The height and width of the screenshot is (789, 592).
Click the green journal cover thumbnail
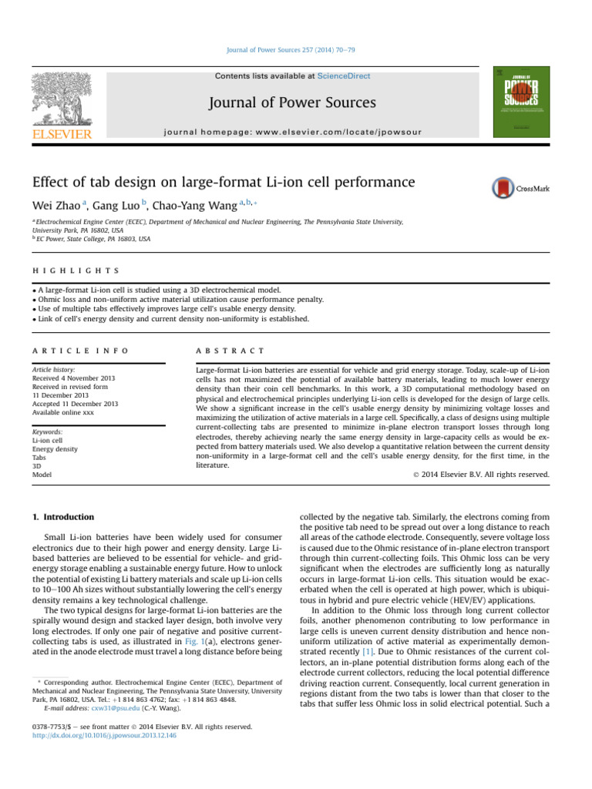tap(522, 98)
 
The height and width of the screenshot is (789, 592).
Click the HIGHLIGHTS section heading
tap(75, 271)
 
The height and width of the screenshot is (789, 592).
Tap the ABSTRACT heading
tap(231, 351)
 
